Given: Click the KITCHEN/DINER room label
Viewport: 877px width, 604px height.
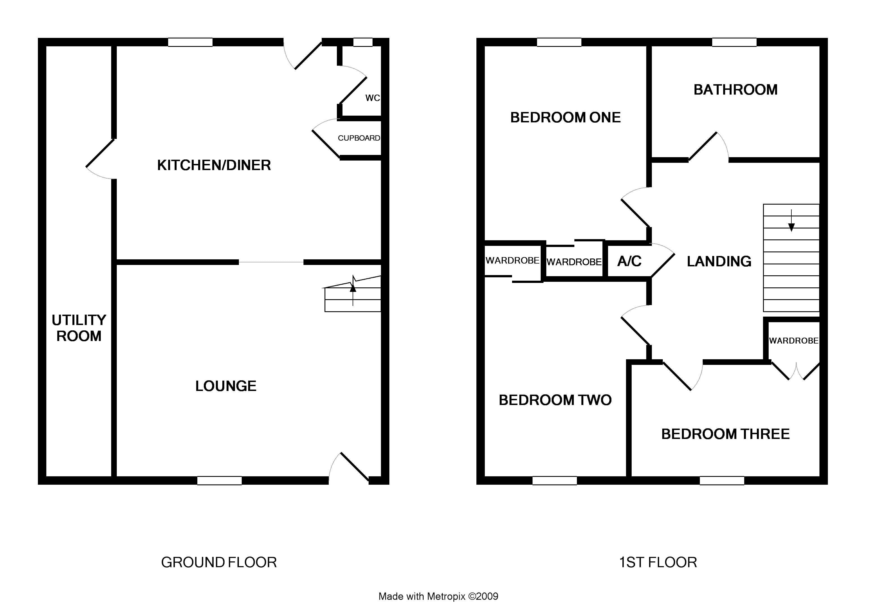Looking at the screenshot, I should point(214,165).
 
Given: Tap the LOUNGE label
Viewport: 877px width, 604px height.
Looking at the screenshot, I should point(226,386).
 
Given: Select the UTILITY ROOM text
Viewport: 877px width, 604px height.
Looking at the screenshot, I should point(79,328).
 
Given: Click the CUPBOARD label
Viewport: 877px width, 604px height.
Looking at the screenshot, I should point(359,138).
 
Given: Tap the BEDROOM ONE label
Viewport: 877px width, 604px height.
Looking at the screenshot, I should point(565,117).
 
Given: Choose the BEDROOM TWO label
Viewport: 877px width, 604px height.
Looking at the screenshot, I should point(555,400).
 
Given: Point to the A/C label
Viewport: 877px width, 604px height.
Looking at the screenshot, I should point(629,261).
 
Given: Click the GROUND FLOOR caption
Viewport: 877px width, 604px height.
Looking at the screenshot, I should point(219,562).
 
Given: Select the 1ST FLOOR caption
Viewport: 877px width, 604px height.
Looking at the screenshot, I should point(658,562).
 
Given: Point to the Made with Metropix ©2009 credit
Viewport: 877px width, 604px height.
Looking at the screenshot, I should point(438,596).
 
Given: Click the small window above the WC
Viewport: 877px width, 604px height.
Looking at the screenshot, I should point(363,42).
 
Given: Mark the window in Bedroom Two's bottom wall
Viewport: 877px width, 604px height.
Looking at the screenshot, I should point(554,481).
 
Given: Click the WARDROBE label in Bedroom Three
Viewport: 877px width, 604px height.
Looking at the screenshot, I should point(793,341).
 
